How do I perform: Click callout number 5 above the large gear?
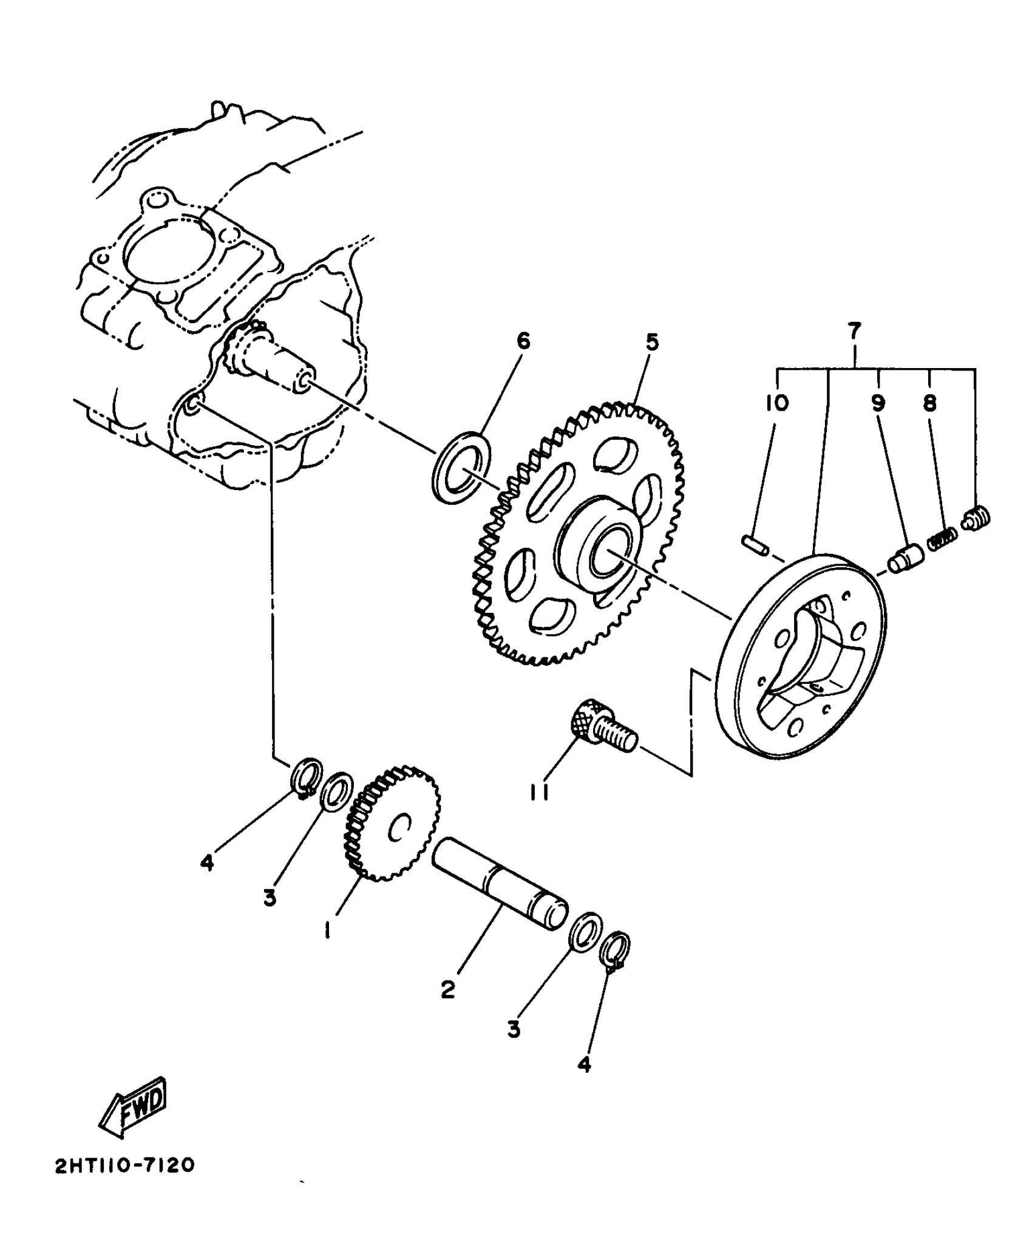tap(651, 343)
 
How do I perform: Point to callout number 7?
tap(854, 331)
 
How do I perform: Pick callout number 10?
tap(777, 403)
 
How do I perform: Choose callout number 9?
tap(878, 403)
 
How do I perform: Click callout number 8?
tap(929, 403)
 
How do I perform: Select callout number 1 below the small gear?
tap(327, 930)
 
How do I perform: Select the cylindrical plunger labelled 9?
tap(906, 558)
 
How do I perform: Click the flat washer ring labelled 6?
tap(462, 466)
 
